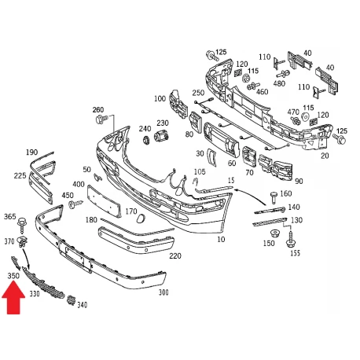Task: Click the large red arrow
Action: pyautogui.click(x=13, y=298)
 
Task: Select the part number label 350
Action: pyautogui.click(x=13, y=276)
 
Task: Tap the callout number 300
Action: pyautogui.click(x=163, y=292)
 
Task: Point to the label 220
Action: pyautogui.click(x=175, y=255)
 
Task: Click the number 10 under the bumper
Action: pyautogui.click(x=221, y=239)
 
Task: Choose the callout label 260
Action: pyautogui.click(x=98, y=110)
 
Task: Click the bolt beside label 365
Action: pyautogui.click(x=22, y=225)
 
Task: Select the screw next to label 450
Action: pyautogui.click(x=75, y=204)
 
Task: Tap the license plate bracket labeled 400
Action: pyautogui.click(x=104, y=201)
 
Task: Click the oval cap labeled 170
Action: pyautogui.click(x=141, y=219)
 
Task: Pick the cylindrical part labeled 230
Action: pyautogui.click(x=161, y=136)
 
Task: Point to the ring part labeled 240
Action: pyautogui.click(x=146, y=140)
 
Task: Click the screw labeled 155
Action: pyautogui.click(x=291, y=240)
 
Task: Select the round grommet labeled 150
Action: pyautogui.click(x=274, y=233)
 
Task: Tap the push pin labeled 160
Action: pyautogui.click(x=274, y=197)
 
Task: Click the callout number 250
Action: pyautogui.click(x=198, y=93)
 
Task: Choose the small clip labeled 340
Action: pyautogui.click(x=71, y=301)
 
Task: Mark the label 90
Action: pyautogui.click(x=299, y=182)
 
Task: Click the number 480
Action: pyautogui.click(x=279, y=83)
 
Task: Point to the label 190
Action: pyautogui.click(x=31, y=152)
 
